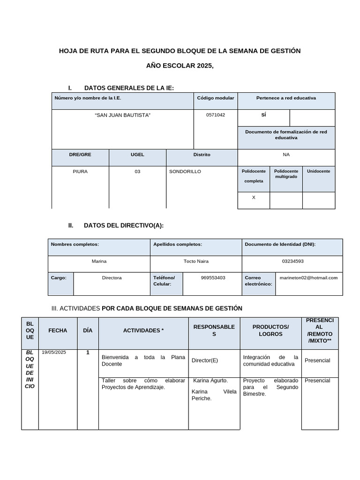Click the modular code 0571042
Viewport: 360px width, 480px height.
(x=215, y=115)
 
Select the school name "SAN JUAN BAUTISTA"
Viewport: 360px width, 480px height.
(x=123, y=115)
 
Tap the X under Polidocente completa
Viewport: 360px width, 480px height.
(x=254, y=197)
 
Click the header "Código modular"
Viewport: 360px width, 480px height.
(x=216, y=98)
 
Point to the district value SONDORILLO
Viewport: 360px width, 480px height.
(x=185, y=172)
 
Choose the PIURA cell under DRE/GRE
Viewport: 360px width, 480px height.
(x=80, y=172)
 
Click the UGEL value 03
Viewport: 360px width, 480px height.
(x=137, y=172)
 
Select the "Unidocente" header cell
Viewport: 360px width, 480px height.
(x=318, y=172)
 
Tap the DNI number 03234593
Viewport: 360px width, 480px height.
(x=292, y=261)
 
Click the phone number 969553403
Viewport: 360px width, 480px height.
(x=213, y=277)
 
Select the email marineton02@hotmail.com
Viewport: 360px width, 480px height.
(x=308, y=277)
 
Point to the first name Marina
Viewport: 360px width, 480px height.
(x=99, y=261)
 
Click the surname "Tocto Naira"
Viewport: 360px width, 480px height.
(x=196, y=261)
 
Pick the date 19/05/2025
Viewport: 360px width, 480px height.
(x=54, y=352)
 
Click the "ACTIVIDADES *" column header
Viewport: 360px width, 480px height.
(x=143, y=330)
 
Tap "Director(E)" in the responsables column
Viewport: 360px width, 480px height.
(x=205, y=360)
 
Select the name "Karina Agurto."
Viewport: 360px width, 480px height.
(x=210, y=380)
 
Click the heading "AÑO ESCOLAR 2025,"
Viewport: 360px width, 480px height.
(x=180, y=66)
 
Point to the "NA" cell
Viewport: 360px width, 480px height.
(x=286, y=154)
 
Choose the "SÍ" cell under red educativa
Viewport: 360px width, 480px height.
(x=263, y=115)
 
